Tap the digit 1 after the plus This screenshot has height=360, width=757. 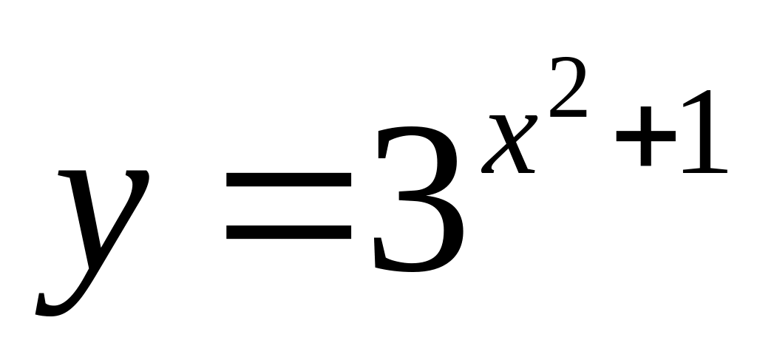(704, 133)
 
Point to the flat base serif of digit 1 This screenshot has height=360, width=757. (705, 171)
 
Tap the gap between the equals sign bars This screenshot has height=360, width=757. (288, 206)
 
